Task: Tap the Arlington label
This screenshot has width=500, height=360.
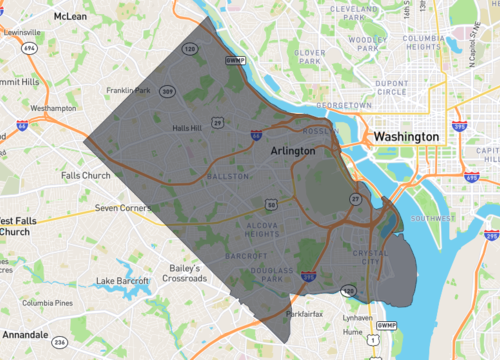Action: click(293, 150)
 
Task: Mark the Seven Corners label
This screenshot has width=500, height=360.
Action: click(121, 208)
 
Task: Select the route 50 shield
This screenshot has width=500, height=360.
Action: click(271, 204)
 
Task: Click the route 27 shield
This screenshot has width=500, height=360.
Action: click(355, 199)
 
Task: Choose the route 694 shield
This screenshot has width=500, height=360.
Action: click(29, 47)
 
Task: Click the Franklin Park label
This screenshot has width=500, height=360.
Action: click(128, 91)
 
